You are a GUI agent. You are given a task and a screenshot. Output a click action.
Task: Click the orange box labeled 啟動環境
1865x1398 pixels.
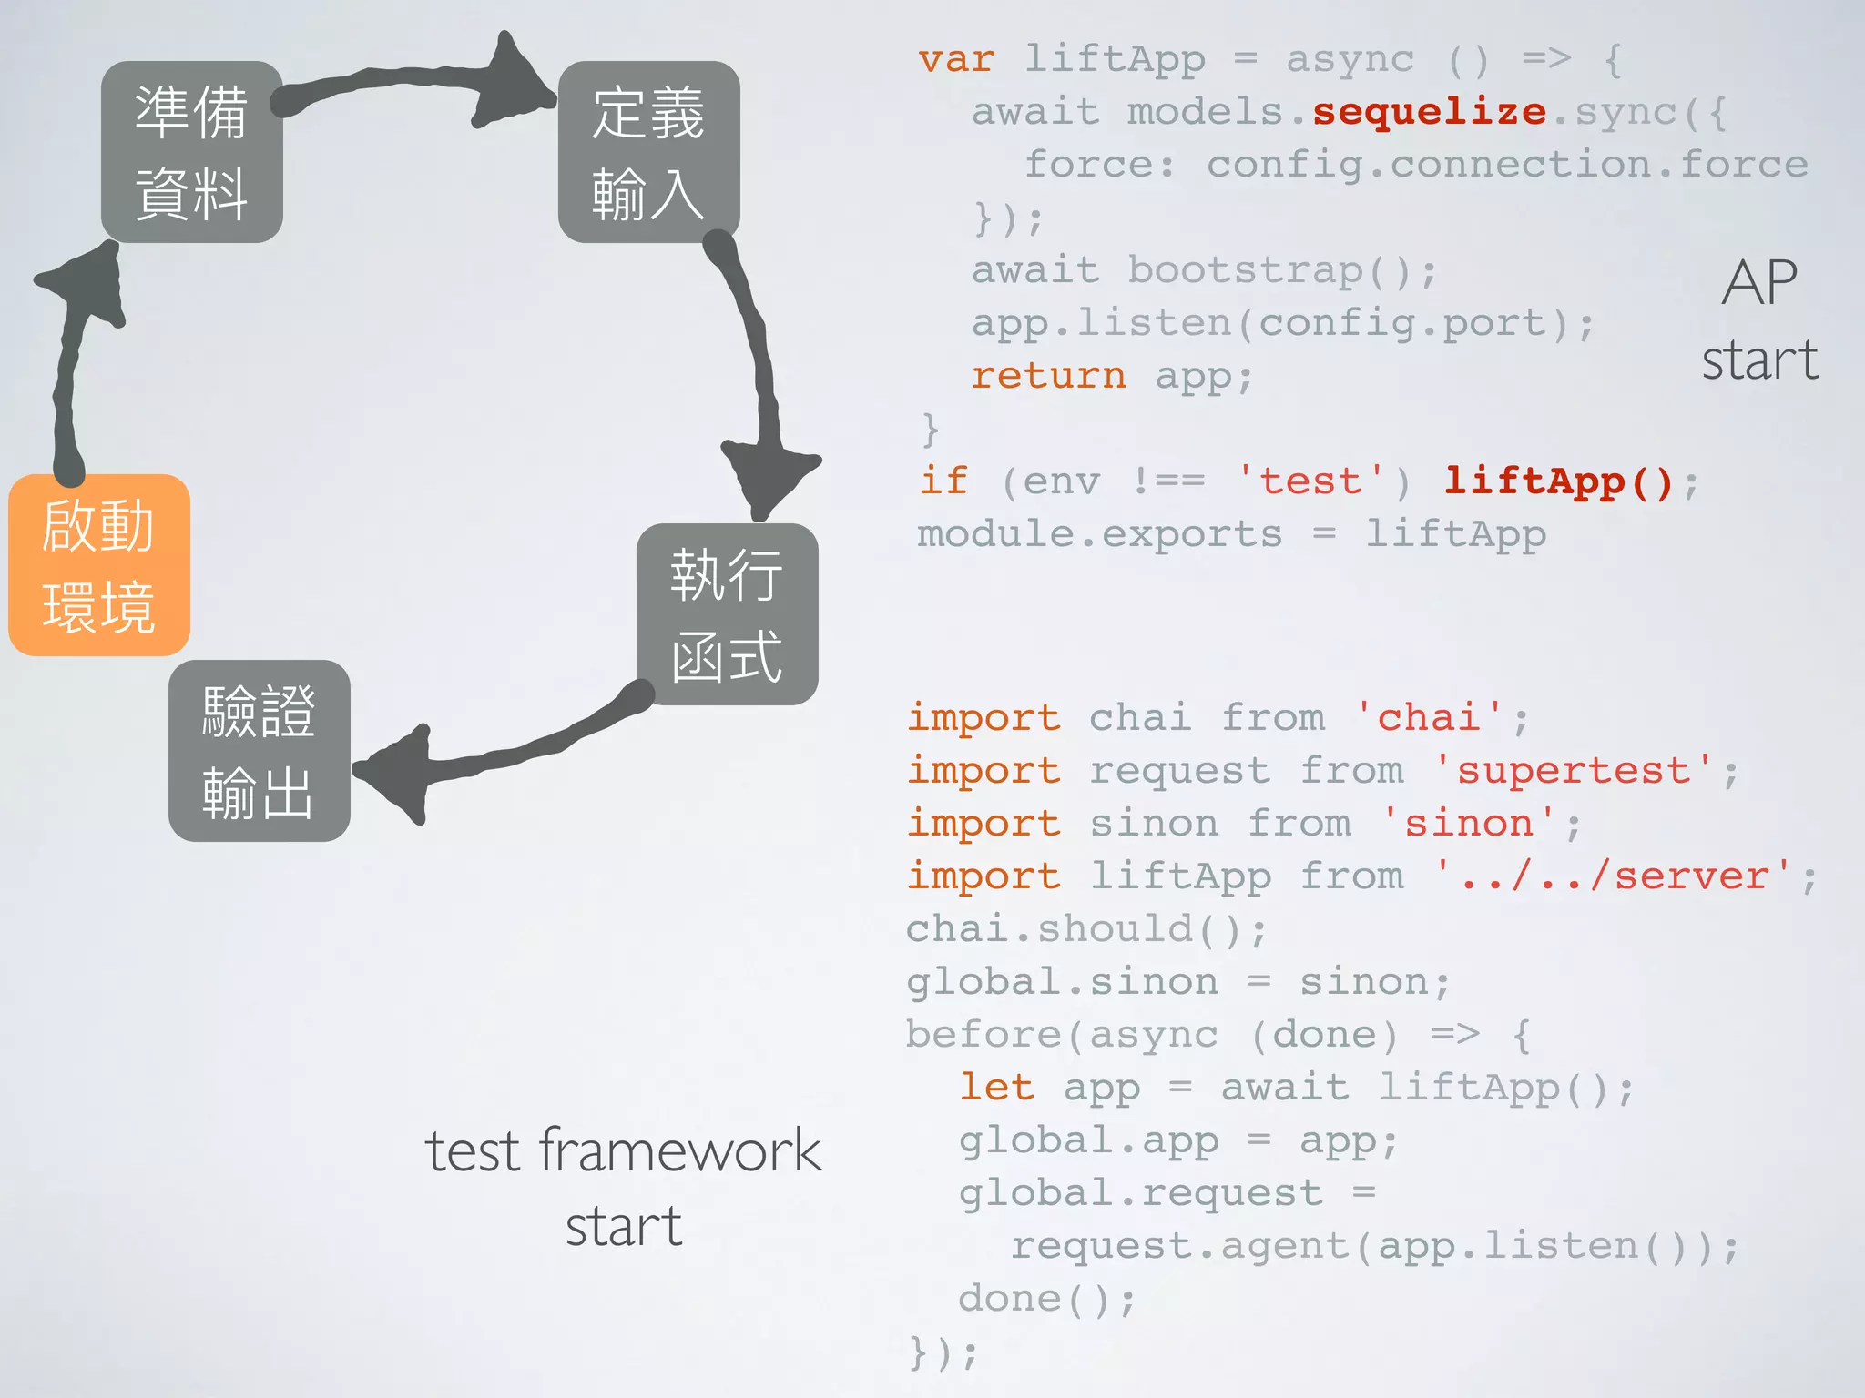tap(99, 565)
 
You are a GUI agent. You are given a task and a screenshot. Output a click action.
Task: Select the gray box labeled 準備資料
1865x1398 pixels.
tap(191, 152)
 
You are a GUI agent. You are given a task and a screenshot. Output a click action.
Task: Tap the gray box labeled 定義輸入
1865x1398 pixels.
tap(648, 152)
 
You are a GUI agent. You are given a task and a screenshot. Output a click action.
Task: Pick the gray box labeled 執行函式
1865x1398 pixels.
tap(727, 614)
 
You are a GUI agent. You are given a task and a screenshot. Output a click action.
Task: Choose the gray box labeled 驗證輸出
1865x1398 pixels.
tap(259, 751)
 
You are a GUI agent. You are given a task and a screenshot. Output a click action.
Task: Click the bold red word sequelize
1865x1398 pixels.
tap(1429, 112)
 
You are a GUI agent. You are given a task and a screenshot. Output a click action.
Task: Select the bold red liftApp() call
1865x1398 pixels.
tap(1559, 481)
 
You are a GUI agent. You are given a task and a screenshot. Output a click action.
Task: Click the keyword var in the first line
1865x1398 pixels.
tap(956, 59)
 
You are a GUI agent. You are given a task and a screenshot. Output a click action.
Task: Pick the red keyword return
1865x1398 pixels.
tap(1048, 376)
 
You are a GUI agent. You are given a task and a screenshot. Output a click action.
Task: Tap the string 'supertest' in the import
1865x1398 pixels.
tap(1573, 771)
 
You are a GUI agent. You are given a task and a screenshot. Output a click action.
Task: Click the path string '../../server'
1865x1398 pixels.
tap(1614, 876)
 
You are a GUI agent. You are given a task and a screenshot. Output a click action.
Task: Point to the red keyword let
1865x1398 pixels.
tap(996, 1088)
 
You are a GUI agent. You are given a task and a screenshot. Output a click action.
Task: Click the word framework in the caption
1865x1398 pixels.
tap(680, 1150)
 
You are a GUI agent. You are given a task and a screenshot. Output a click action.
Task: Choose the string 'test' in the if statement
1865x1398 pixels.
tap(1311, 481)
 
